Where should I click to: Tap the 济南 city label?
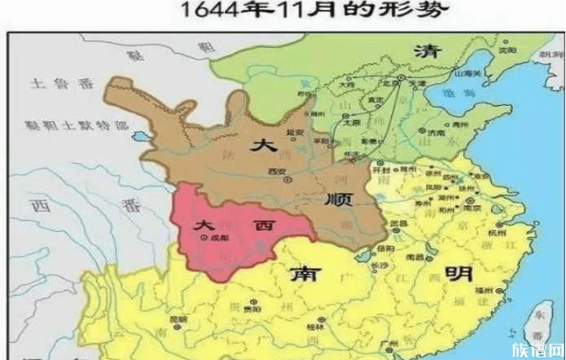click(438, 132)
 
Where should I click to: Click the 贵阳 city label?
click(231, 310)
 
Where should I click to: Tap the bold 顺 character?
click(341, 200)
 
